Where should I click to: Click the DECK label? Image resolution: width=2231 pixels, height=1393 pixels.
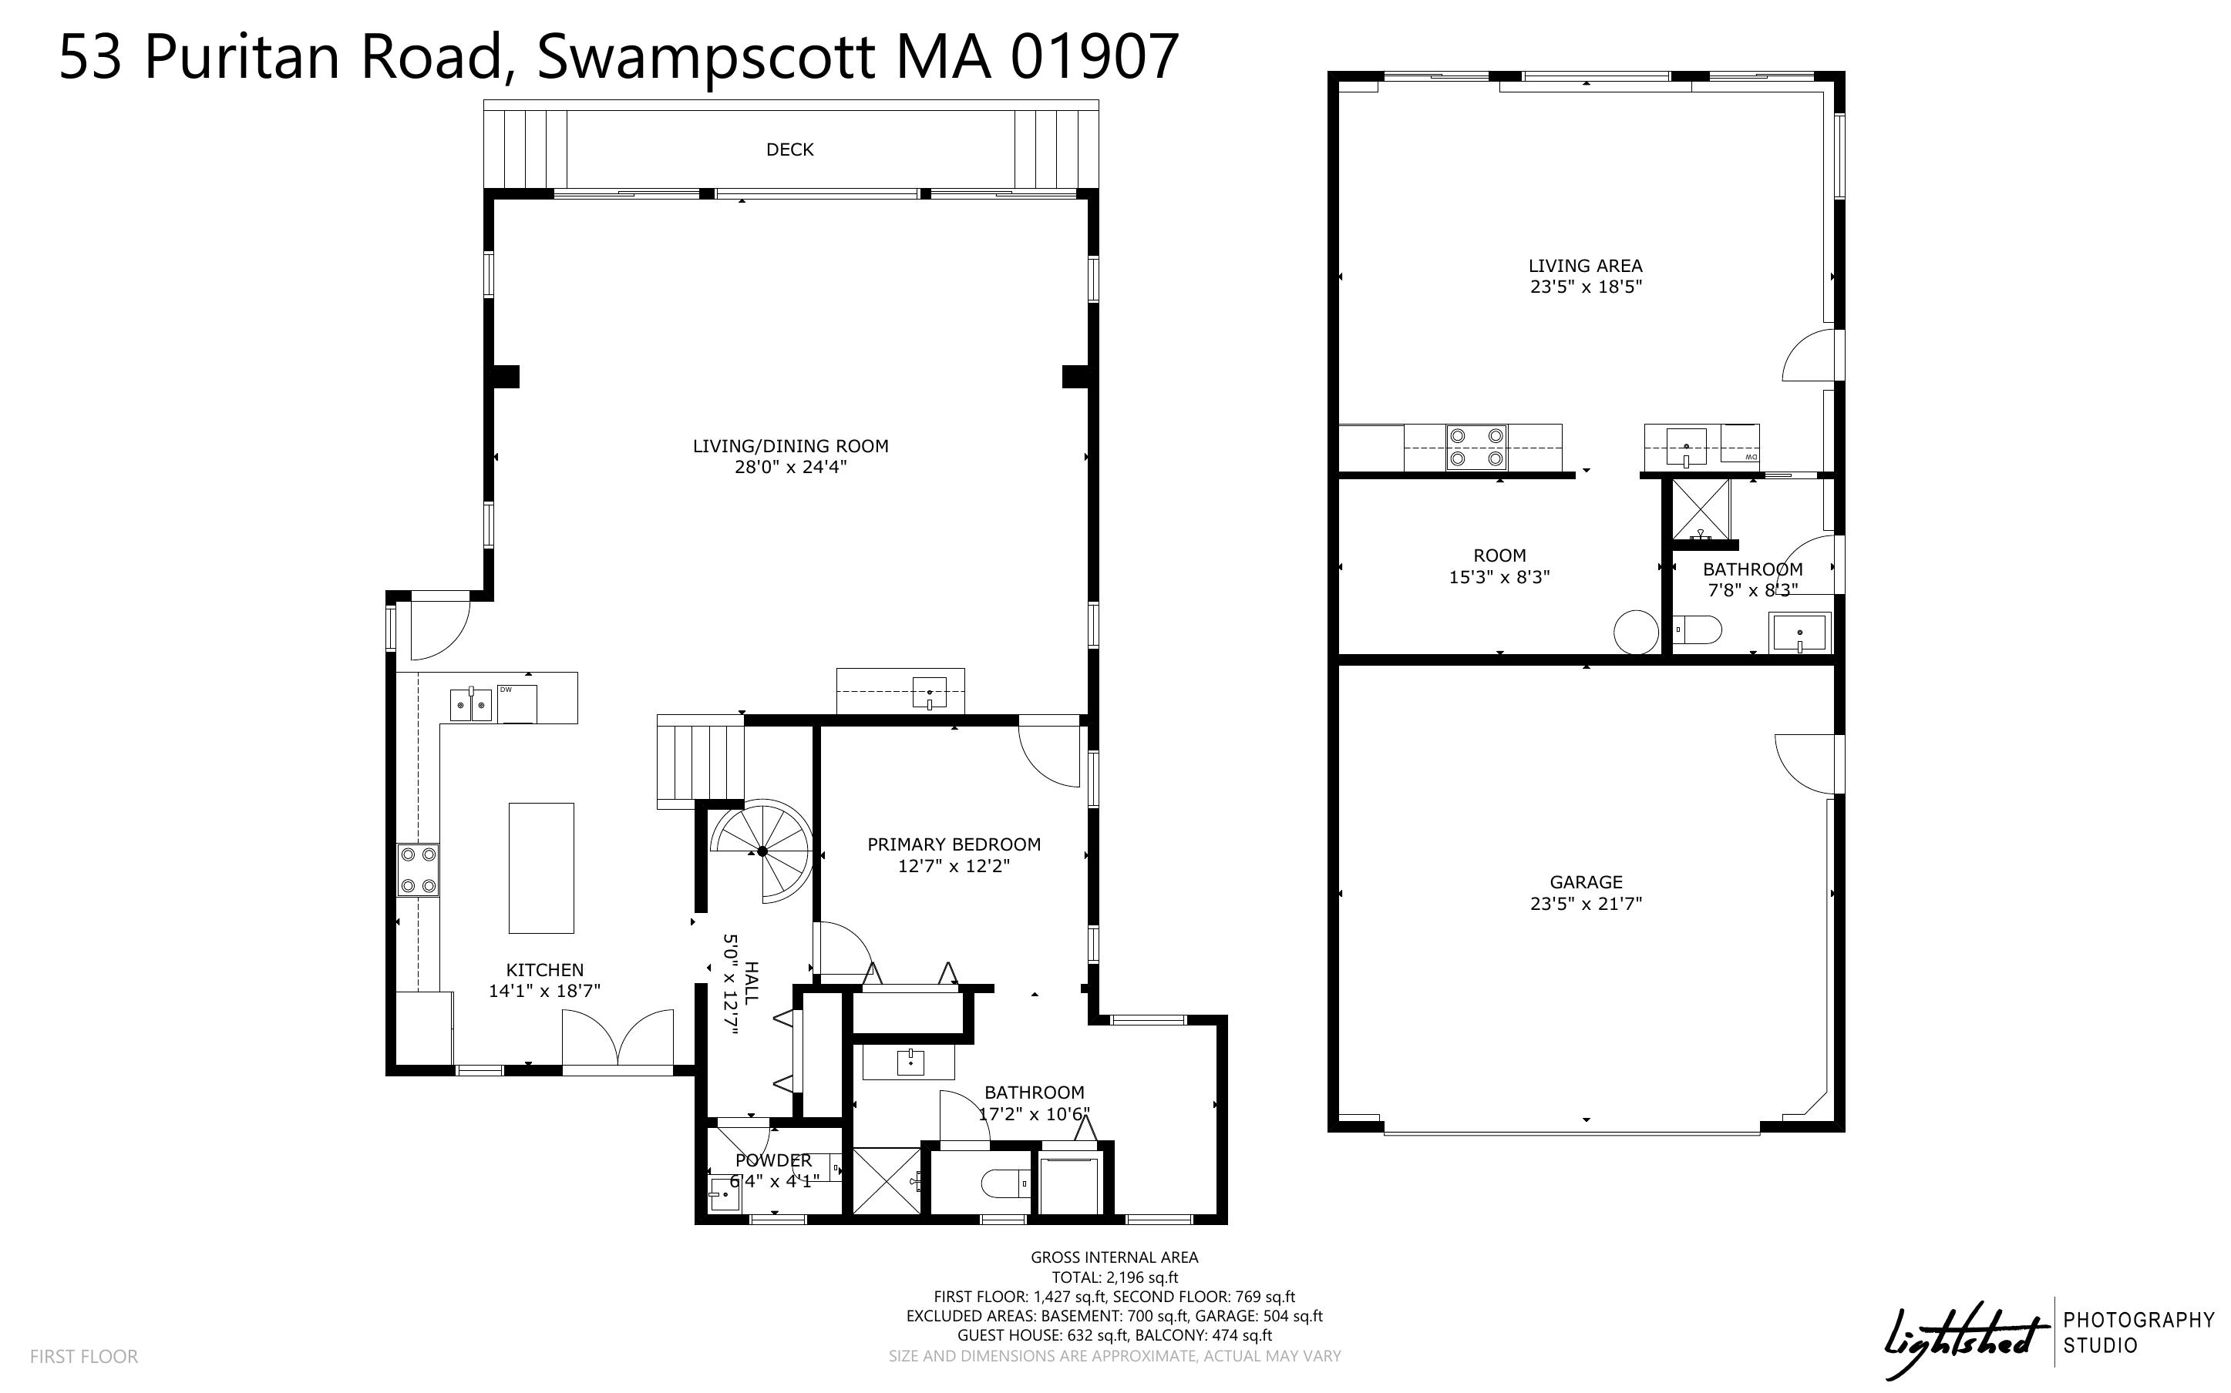point(789,149)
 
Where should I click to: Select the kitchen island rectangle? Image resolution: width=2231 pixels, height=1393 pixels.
point(542,868)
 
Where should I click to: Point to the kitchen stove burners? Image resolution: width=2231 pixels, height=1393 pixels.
point(418,871)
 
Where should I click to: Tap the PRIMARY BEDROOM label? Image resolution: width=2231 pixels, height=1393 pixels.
point(954,844)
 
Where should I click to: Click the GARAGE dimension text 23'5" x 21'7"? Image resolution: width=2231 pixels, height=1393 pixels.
point(1586,904)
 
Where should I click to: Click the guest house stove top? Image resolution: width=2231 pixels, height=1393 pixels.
point(1476,448)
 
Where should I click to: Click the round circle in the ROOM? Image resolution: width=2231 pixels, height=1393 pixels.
point(1637,632)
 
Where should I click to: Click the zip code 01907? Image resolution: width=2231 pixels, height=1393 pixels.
point(1094,56)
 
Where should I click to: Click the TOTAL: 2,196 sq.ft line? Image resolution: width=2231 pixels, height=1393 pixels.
point(1115,1277)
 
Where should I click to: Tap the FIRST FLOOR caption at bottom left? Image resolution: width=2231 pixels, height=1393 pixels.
point(84,1356)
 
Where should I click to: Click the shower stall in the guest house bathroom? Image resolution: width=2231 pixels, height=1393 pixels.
point(1700,509)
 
